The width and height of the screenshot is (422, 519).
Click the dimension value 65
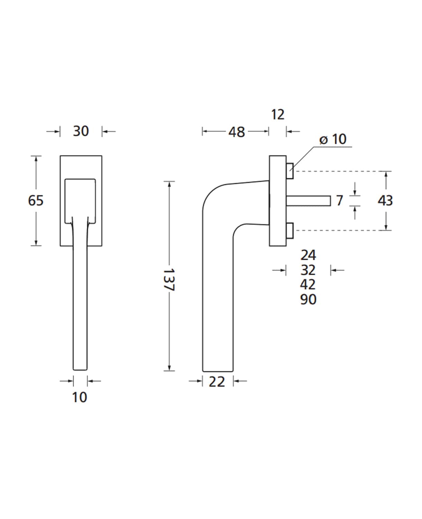[36, 201]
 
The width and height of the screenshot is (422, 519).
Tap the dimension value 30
[81, 131]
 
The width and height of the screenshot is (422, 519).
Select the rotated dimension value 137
[168, 280]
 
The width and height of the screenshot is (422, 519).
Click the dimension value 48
[237, 132]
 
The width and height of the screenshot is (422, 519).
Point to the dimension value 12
[278, 115]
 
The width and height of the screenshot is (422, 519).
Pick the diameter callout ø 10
[333, 139]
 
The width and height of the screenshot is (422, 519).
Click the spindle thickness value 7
[339, 201]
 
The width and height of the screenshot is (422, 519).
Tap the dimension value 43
[385, 201]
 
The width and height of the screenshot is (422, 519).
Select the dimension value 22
[217, 382]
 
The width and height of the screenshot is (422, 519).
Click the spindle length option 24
[308, 255]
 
